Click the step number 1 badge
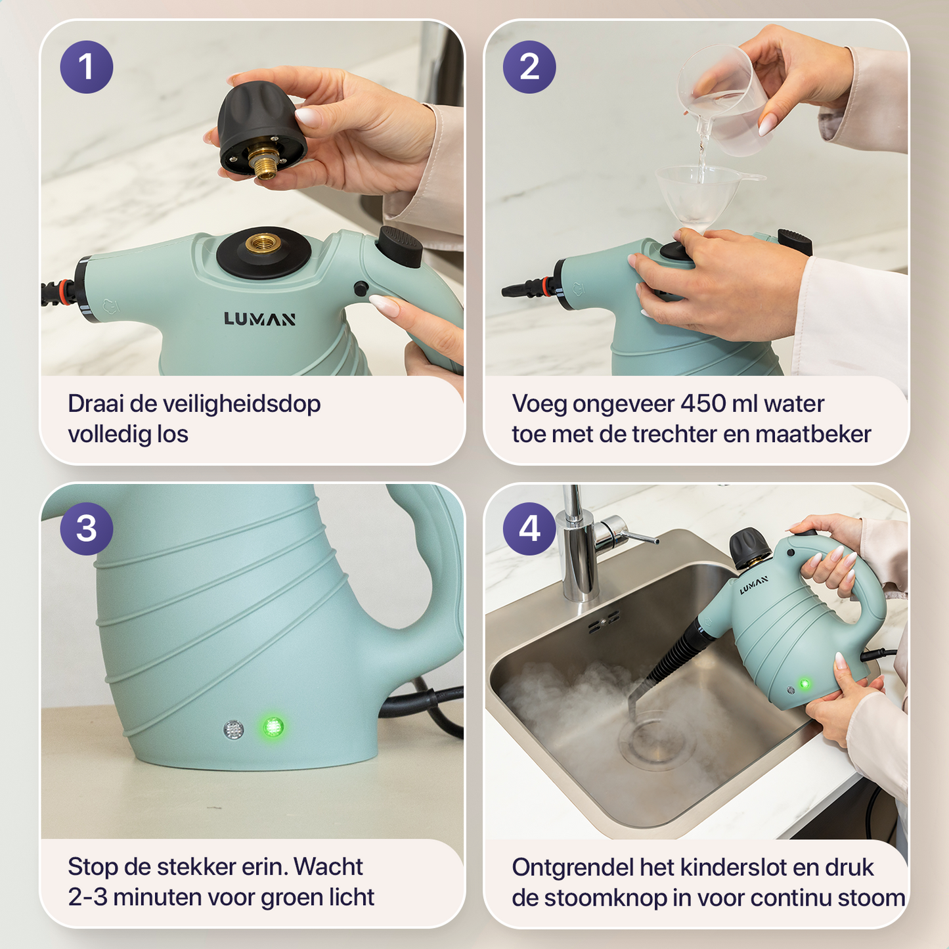pyautogui.click(x=87, y=67)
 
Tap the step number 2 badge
pyautogui.click(x=529, y=67)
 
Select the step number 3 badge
pyautogui.click(x=87, y=529)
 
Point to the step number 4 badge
pyautogui.click(x=529, y=529)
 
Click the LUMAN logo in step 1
pyautogui.click(x=259, y=319)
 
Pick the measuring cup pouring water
pyautogui.click(x=722, y=101)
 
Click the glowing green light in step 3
pyautogui.click(x=273, y=727)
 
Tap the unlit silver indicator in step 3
pyautogui.click(x=233, y=730)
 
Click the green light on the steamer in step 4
pyautogui.click(x=805, y=684)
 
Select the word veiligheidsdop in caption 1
pyautogui.click(x=242, y=405)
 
